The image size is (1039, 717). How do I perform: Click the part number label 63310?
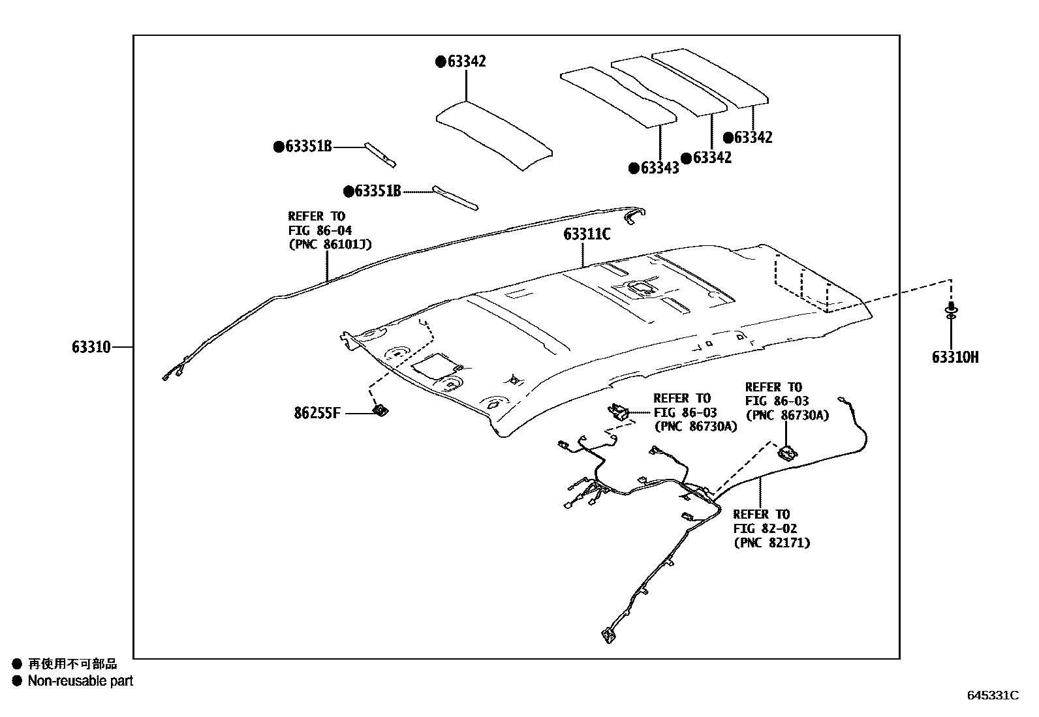91,347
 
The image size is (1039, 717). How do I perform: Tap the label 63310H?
955,357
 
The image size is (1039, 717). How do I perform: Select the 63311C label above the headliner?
587,234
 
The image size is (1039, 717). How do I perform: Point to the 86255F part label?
317,413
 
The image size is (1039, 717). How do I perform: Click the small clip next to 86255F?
380,410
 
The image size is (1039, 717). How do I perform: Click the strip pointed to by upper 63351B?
380,155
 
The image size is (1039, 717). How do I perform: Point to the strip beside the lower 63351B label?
455,198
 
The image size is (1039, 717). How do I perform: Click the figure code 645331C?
993,695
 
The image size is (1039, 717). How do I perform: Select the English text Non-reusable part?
80,680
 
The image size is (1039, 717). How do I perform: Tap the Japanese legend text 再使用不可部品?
72,664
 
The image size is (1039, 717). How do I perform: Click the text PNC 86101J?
330,244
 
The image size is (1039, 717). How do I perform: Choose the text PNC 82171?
772,542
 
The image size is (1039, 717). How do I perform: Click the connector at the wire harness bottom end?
608,635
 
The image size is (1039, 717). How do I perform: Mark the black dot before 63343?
634,168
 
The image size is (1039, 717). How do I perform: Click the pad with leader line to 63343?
618,97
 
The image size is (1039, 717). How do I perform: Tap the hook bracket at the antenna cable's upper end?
634,215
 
